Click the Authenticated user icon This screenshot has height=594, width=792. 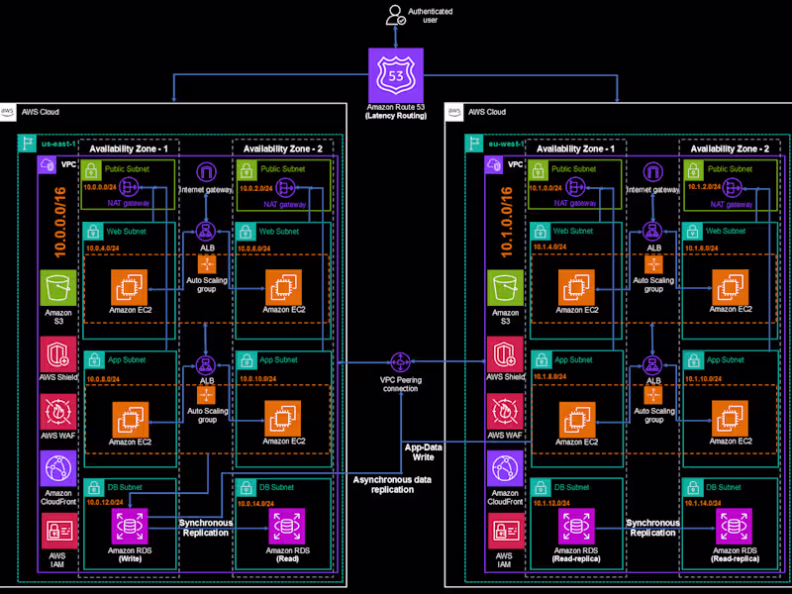[396, 15]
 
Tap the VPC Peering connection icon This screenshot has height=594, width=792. [401, 363]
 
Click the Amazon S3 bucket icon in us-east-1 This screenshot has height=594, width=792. [56, 290]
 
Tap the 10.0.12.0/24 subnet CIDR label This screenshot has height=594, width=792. [108, 503]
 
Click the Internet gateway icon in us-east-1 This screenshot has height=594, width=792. [206, 173]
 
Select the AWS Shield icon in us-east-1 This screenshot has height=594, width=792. [56, 352]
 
